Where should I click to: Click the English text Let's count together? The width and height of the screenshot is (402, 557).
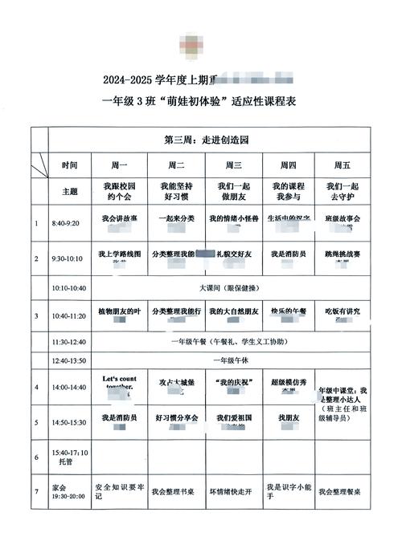click(x=121, y=381)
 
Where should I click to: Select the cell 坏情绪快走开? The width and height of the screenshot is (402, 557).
click(x=234, y=491)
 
